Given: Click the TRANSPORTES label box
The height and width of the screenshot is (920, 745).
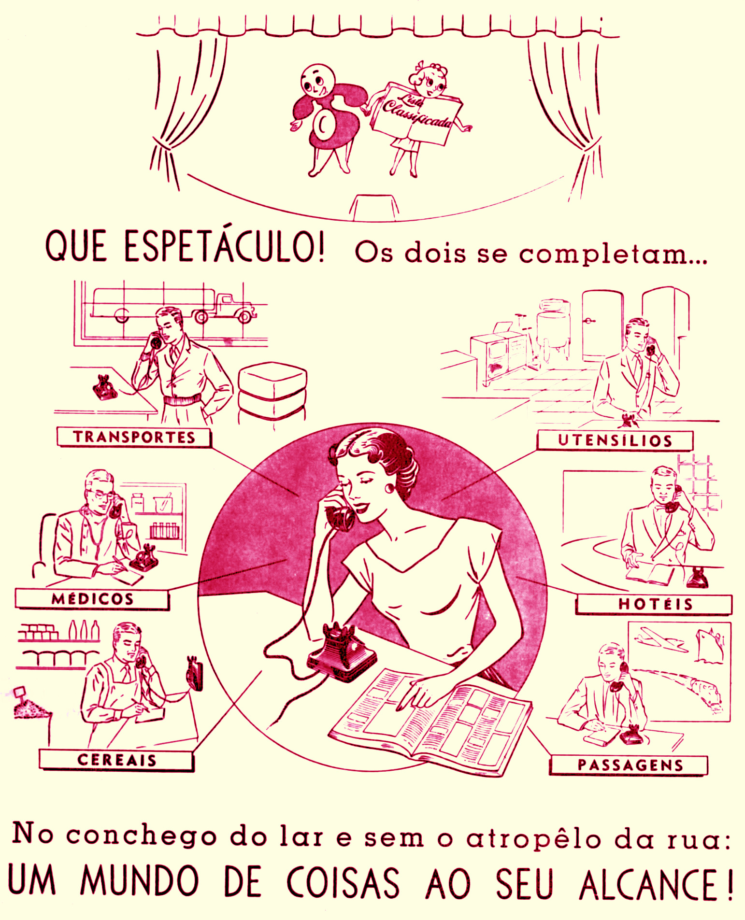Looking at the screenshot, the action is point(134,437).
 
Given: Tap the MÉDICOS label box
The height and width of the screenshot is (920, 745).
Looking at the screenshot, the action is point(92,599).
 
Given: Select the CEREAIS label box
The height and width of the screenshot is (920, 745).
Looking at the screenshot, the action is point(116,760).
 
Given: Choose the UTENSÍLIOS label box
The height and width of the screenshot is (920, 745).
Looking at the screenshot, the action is point(615,440).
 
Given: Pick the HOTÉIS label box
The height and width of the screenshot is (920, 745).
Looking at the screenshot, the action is point(654,604).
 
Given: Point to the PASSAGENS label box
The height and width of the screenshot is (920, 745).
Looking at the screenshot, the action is point(629,765).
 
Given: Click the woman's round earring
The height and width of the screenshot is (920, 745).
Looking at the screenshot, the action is point(389,487).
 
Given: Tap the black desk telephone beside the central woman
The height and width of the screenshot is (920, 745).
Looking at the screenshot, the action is point(341,652).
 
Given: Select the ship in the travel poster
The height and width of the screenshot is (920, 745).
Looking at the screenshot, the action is point(709,645).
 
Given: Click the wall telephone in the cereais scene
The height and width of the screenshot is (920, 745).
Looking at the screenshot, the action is point(195,673).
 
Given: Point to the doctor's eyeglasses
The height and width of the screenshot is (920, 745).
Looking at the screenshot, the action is point(104,495).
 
